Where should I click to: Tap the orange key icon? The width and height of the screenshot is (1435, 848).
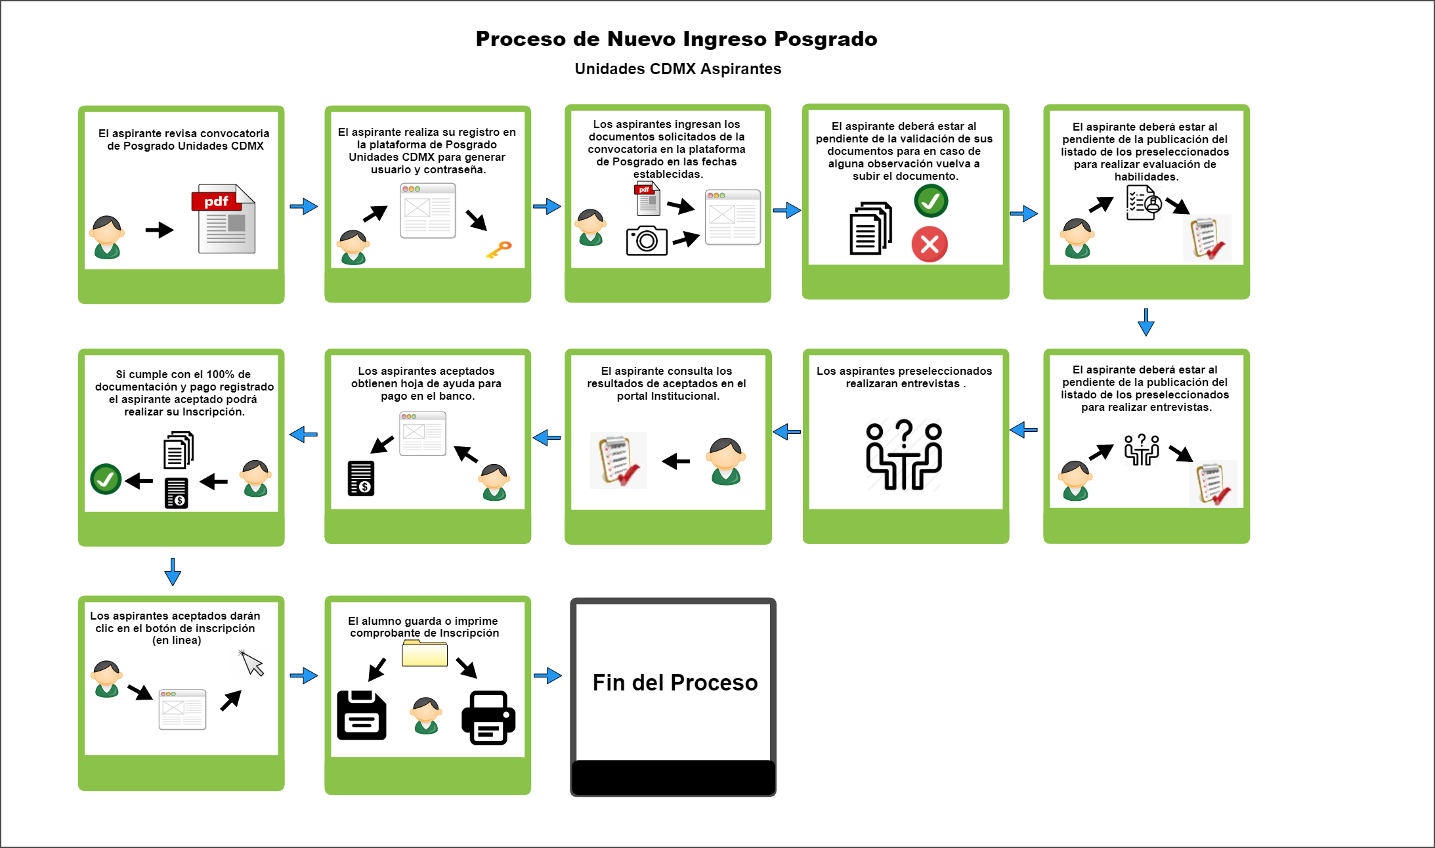pyautogui.click(x=499, y=249)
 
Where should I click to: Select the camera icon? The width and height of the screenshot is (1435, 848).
pyautogui.click(x=647, y=241)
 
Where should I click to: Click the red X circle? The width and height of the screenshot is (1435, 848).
pyautogui.click(x=930, y=244)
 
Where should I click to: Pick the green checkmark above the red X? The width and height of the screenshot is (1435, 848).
pyautogui.click(x=931, y=201)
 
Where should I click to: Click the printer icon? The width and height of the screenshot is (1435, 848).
pyautogui.click(x=488, y=717)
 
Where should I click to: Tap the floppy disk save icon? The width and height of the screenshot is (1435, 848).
pyautogui.click(x=362, y=715)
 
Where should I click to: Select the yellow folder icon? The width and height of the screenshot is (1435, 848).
pyautogui.click(x=425, y=654)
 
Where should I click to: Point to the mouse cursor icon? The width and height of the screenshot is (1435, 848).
pyautogui.click(x=251, y=663)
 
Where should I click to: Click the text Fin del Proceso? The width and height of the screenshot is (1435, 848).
pyautogui.click(x=675, y=683)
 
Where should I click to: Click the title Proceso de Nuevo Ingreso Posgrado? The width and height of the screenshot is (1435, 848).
pyautogui.click(x=676, y=39)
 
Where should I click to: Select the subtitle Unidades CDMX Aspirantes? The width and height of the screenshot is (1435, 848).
pyautogui.click(x=677, y=69)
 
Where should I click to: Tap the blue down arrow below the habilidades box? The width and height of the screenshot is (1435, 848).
pyautogui.click(x=1146, y=322)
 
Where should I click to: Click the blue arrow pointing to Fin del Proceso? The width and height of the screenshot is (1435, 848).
pyautogui.click(x=547, y=675)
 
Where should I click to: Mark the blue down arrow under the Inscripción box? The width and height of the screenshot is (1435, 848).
pyautogui.click(x=173, y=572)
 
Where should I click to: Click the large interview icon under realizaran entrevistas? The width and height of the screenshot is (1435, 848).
pyautogui.click(x=904, y=454)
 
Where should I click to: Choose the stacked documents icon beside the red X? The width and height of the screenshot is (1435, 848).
pyautogui.click(x=870, y=228)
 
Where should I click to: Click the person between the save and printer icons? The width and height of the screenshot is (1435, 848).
pyautogui.click(x=426, y=715)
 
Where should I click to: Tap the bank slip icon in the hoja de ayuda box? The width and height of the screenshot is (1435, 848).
pyautogui.click(x=361, y=478)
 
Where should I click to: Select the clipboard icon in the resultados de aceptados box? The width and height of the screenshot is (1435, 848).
pyautogui.click(x=618, y=460)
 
